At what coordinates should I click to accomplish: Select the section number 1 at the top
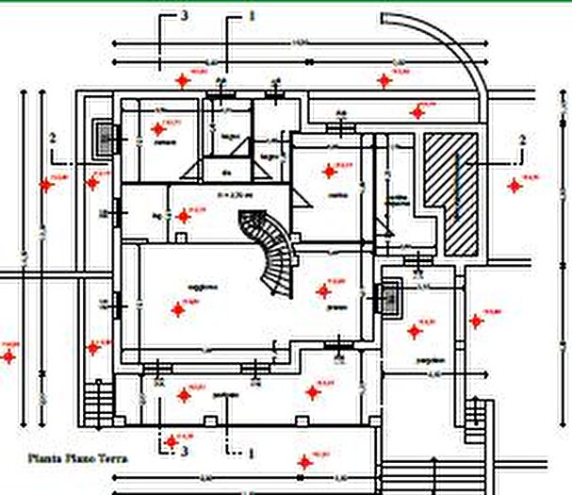click(x=251, y=16)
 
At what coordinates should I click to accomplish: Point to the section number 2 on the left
click(x=53, y=138)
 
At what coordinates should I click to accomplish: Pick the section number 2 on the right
click(x=522, y=140)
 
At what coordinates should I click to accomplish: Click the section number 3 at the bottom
click(x=185, y=453)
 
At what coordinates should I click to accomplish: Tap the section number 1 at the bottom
click(x=251, y=453)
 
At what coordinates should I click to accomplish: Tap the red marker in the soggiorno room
click(x=177, y=307)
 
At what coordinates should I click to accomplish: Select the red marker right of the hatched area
click(x=515, y=186)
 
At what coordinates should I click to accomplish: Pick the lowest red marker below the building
click(x=303, y=462)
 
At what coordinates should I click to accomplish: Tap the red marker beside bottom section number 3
click(x=171, y=440)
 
